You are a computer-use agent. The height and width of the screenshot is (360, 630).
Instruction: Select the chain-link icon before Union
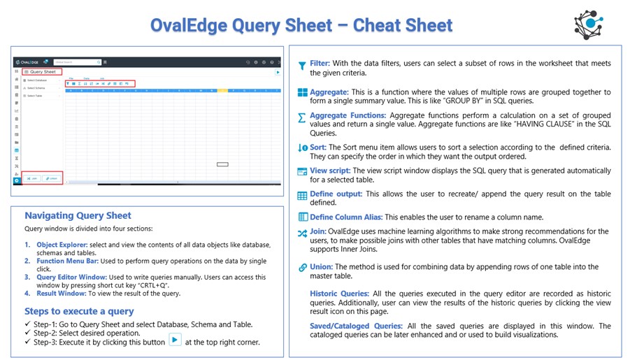click(x=302, y=268)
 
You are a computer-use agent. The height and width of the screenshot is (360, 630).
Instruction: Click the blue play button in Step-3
click(x=175, y=340)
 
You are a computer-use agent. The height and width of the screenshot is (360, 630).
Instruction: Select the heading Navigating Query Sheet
click(x=78, y=215)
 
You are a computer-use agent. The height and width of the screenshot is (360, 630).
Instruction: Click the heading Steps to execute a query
click(x=79, y=311)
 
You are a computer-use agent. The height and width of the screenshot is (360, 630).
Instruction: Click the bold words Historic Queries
click(x=339, y=294)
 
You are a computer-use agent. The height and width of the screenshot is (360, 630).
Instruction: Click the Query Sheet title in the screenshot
click(x=43, y=71)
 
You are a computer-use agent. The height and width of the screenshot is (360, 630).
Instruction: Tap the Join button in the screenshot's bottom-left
click(x=31, y=178)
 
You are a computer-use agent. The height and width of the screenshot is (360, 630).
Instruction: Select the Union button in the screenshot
click(x=52, y=178)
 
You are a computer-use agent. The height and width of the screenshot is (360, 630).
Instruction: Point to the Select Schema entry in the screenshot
click(x=36, y=88)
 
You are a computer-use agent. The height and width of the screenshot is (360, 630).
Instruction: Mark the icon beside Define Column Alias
click(x=302, y=217)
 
